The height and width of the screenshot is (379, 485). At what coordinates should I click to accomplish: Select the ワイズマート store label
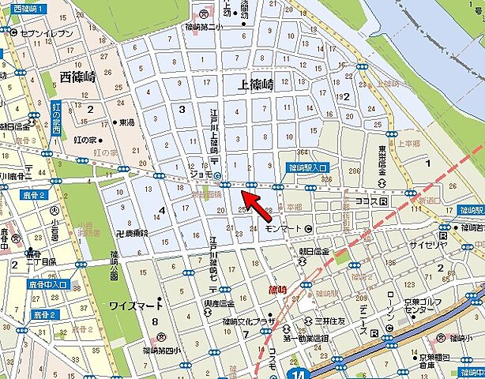point(135,305)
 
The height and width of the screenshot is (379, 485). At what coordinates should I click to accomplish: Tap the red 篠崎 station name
point(279,290)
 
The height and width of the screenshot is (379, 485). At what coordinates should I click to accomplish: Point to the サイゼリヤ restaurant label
point(453,246)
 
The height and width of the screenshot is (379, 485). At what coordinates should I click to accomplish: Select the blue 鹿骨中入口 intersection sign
point(49,283)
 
